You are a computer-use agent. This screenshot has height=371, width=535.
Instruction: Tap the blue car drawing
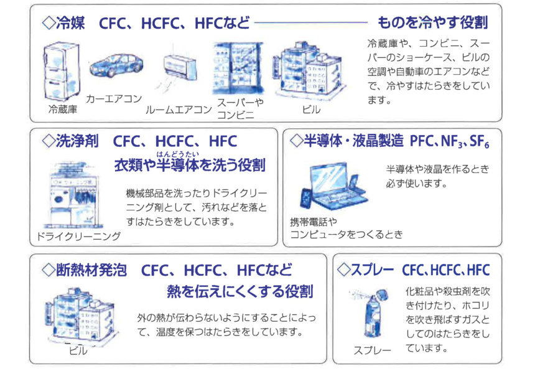pyautogui.click(x=116, y=65)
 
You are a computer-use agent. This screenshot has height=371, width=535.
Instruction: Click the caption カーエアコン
pyautogui.click(x=114, y=98)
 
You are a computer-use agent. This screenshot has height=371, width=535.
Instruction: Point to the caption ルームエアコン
pyautogui.click(x=179, y=110)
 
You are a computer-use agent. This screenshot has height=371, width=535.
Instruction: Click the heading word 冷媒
pyautogui.click(x=70, y=23)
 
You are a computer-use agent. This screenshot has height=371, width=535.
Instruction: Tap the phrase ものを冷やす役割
pyautogui.click(x=432, y=22)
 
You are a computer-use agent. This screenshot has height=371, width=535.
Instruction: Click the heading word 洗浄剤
pyautogui.click(x=77, y=141)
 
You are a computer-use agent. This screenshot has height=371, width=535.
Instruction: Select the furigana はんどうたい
pyautogui.click(x=177, y=154)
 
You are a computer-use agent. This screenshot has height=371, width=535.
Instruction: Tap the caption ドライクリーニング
pyautogui.click(x=78, y=236)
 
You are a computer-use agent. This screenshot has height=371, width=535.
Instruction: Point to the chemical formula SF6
pyautogui.click(x=480, y=141)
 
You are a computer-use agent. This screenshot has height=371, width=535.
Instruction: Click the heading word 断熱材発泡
pyautogui.click(x=91, y=270)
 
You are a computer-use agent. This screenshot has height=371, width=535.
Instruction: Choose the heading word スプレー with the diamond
pyautogui.click(x=365, y=270)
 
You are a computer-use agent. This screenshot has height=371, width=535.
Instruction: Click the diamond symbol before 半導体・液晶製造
pyautogui.click(x=296, y=141)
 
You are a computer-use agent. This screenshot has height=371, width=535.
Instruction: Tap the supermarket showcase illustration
pyautogui.click(x=238, y=68)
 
